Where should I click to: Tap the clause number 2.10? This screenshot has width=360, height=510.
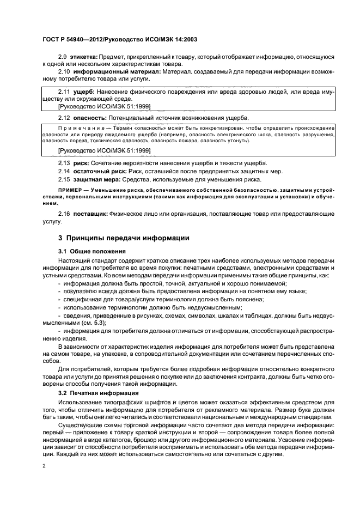pos(64,71)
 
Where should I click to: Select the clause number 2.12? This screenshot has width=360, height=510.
pos(64,118)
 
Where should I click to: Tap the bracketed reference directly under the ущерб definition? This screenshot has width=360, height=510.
pos(104,106)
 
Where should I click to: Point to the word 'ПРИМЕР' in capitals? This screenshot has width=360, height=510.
pos(69,190)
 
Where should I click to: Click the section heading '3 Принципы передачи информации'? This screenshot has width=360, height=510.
pos(124,238)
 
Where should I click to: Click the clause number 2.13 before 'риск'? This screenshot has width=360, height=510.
pos(64,163)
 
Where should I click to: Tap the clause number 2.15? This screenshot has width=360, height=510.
pos(64,179)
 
